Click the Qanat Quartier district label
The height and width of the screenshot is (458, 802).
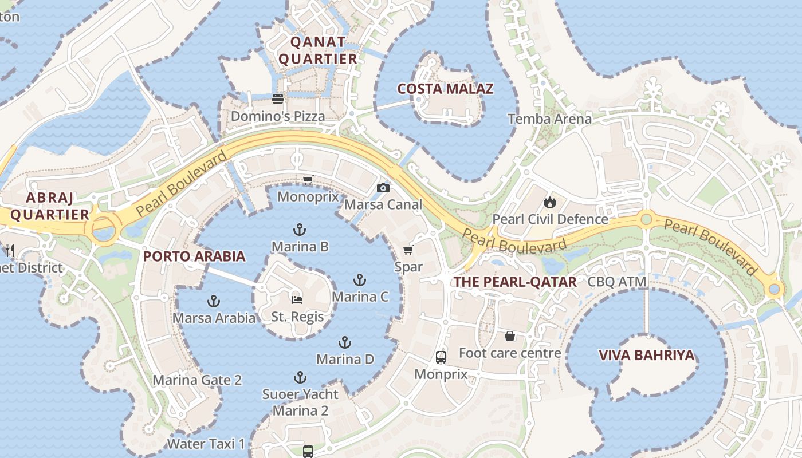317,50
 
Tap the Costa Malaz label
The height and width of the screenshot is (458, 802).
445,89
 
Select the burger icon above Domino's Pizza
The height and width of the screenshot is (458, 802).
278,99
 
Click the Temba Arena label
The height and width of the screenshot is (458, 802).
550,119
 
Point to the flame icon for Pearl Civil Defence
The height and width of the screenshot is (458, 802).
550,202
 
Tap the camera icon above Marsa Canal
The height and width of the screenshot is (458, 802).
383,188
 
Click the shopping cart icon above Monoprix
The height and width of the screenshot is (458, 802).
308,180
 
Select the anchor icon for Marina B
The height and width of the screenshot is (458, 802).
299,230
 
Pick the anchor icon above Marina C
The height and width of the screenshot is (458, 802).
360,280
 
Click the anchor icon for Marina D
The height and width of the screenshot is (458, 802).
345,342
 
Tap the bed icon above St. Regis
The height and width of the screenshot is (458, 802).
297,299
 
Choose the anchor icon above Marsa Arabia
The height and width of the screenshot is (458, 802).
214,301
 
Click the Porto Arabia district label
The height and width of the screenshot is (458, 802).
194,256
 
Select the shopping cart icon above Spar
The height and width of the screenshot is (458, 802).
408,250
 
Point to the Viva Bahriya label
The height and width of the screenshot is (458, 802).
646,356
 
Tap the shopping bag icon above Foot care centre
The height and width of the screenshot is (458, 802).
509,336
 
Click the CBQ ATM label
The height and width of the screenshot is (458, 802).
617,282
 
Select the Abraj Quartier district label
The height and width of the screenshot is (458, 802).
50,206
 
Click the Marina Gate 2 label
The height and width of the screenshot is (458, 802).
197,380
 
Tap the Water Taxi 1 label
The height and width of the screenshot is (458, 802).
206,444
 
